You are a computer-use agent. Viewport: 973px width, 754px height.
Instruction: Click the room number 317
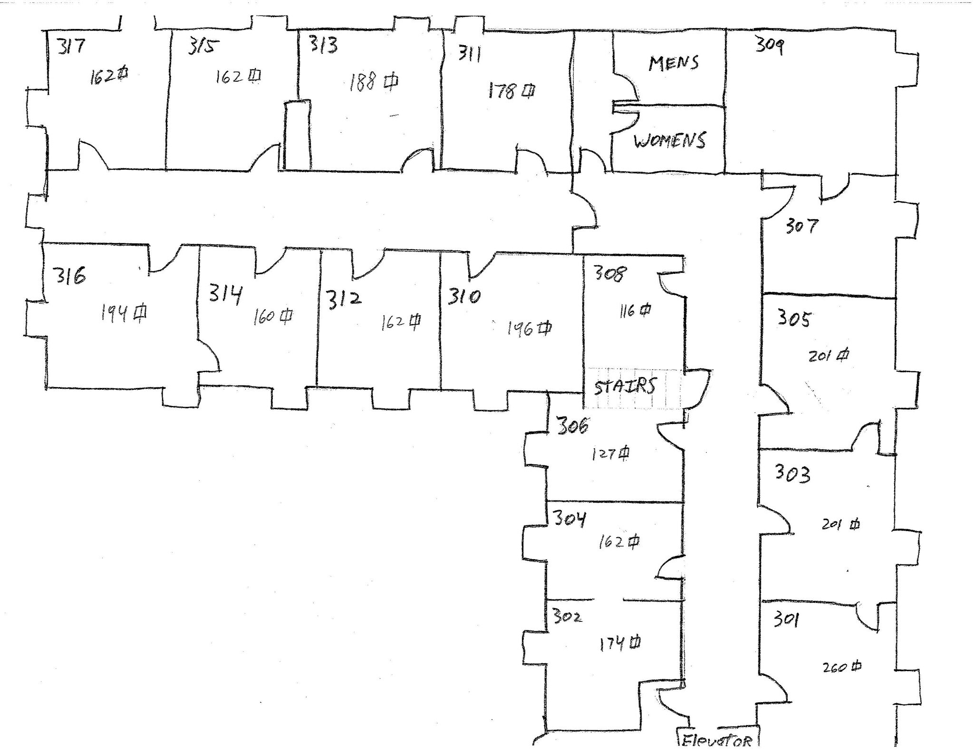[71, 46]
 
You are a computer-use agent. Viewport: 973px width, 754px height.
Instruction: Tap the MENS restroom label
[674, 63]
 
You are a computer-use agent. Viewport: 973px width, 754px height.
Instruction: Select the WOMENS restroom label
[670, 141]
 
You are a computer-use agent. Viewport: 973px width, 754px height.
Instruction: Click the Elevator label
[718, 741]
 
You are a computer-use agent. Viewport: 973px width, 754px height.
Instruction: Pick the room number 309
[770, 46]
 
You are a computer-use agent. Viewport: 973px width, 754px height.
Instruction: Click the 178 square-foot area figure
[511, 90]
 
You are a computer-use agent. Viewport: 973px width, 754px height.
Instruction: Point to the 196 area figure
[529, 328]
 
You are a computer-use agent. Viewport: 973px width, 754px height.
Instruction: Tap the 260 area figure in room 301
[842, 667]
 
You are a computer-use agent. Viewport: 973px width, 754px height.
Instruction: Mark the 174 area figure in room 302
[619, 644]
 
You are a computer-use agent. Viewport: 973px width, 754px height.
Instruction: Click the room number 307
[801, 226]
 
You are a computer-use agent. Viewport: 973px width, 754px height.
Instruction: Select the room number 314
[225, 294]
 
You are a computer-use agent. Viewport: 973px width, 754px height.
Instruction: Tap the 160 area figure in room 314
[272, 317]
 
